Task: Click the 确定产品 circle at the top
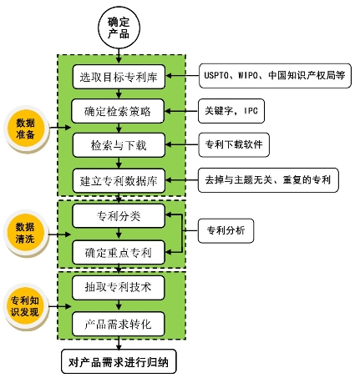(x=119, y=28)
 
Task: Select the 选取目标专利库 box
(x=119, y=77)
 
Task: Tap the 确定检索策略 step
(x=118, y=111)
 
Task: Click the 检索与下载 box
(x=119, y=145)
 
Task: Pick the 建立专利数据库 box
(x=119, y=181)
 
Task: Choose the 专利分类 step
(x=119, y=216)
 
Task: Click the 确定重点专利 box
(x=119, y=253)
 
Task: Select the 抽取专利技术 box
(x=119, y=288)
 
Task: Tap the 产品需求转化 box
(x=119, y=324)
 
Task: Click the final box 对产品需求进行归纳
(x=119, y=361)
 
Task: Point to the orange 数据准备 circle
(x=26, y=129)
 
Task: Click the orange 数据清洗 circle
(x=25, y=233)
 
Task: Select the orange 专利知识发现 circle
(x=25, y=306)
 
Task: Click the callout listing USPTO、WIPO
(x=275, y=76)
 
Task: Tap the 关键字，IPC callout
(x=231, y=111)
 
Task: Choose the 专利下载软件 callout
(x=234, y=144)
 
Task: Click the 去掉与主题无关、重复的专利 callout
(x=268, y=180)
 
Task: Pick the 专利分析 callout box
(x=226, y=231)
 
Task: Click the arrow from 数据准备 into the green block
(x=61, y=128)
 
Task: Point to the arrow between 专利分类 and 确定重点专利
(x=119, y=234)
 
